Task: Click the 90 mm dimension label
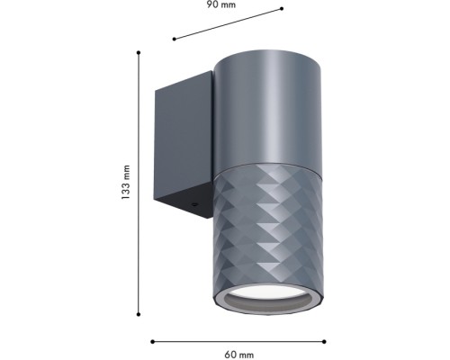[221, 4]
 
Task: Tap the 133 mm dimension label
[126, 183]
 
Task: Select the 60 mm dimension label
[238, 355]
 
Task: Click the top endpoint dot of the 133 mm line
[139, 53]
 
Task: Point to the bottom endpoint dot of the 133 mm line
[139, 314]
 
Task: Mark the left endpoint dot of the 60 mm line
[152, 341]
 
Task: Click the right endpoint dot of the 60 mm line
[324, 341]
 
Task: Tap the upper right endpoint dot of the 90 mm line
[282, 9]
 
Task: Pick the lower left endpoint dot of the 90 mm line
[174, 39]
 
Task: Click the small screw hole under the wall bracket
[194, 205]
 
